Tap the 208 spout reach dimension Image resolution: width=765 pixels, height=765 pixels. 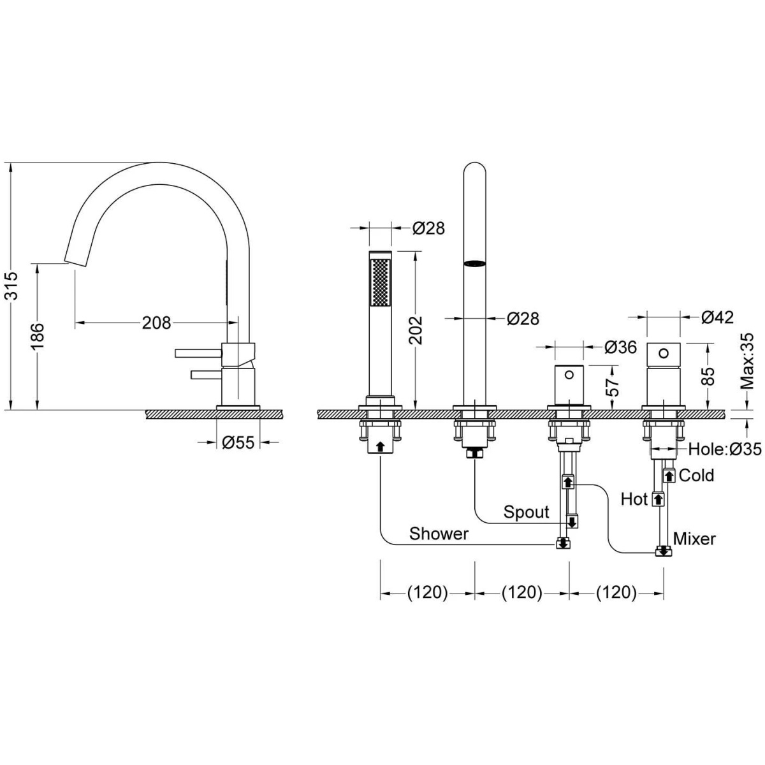click(x=156, y=323)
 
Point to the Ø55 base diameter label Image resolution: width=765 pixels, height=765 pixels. click(x=238, y=442)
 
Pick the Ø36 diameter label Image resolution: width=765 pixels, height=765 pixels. click(x=620, y=347)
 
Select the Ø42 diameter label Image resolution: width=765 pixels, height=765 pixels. click(x=717, y=317)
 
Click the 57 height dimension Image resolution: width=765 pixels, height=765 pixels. click(x=614, y=387)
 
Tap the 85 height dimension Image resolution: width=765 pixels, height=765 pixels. click(x=709, y=376)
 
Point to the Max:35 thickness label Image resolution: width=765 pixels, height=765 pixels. click(x=747, y=361)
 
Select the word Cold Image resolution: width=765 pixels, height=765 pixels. click(x=696, y=475)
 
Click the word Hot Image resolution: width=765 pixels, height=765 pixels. click(x=634, y=499)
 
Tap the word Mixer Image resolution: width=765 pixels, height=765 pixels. click(x=694, y=539)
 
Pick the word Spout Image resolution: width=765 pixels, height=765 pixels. click(x=527, y=512)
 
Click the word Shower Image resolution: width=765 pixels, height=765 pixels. click(x=439, y=534)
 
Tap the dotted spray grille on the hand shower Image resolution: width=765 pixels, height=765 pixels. click(x=380, y=282)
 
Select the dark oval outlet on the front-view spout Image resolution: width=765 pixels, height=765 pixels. click(x=474, y=263)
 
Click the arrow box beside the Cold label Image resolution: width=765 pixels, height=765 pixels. click(x=669, y=475)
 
